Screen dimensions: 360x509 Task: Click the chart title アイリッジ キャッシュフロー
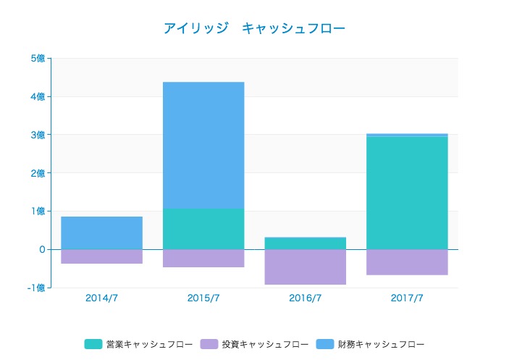pos(254,28)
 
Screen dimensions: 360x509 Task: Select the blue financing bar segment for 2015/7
pos(203,145)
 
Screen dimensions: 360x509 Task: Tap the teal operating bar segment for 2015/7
pos(203,229)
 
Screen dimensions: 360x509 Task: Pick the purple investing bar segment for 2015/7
pos(203,258)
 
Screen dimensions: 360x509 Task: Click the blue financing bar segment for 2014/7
pos(101,233)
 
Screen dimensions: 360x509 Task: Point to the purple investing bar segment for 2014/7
pos(101,256)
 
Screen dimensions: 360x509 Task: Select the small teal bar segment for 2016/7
pos(305,243)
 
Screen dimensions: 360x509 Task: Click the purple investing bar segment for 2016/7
pos(305,267)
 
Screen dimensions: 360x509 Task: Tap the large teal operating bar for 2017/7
pos(407,193)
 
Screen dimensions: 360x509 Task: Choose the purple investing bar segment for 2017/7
pos(407,262)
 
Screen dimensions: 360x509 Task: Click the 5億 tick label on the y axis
pos(37,59)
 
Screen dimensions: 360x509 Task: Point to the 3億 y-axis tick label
pos(37,135)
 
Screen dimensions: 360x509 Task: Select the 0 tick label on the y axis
pos(41,249)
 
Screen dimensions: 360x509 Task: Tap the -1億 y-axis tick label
pos(35,288)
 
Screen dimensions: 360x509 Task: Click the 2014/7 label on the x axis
pos(101,298)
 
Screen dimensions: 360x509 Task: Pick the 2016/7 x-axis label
pos(305,298)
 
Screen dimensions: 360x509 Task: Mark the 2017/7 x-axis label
pos(407,298)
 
